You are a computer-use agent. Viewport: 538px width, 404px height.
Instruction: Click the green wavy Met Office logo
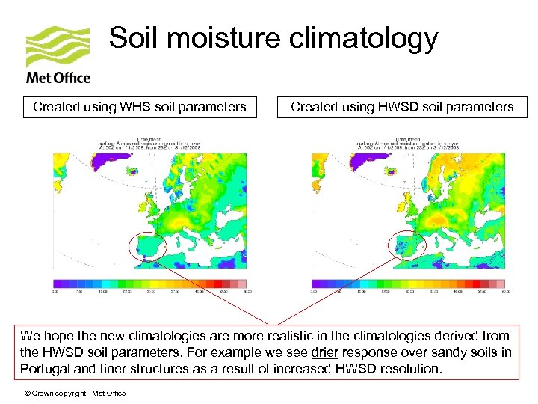(x=58, y=46)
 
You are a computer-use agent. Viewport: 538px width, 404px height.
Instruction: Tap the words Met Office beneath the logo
(x=58, y=77)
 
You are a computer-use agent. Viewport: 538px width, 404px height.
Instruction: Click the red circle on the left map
(x=147, y=246)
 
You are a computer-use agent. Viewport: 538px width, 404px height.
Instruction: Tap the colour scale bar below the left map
(x=149, y=284)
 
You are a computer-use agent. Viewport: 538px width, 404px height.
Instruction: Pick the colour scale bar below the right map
(x=408, y=284)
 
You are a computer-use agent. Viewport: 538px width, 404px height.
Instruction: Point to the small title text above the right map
(x=410, y=144)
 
